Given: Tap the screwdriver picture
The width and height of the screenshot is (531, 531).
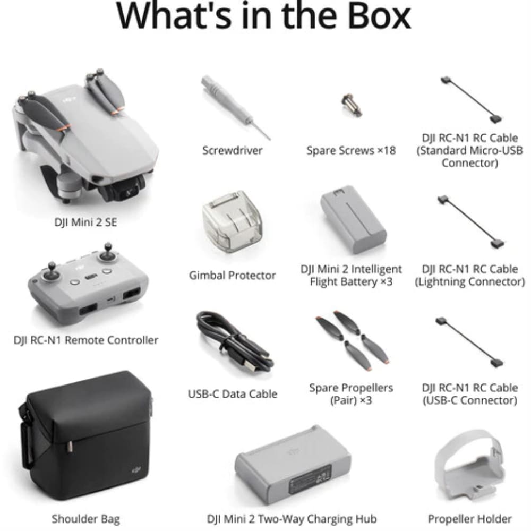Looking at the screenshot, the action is click(235, 107).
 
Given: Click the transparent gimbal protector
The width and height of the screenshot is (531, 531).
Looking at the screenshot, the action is click(233, 222).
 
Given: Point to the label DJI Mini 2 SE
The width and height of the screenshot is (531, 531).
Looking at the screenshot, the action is click(85, 222).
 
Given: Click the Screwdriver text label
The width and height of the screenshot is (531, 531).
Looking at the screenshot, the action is click(233, 150).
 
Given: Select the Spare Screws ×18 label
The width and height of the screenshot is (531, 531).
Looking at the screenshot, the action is click(351, 150).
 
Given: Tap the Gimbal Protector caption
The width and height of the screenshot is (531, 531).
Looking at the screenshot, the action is click(233, 275).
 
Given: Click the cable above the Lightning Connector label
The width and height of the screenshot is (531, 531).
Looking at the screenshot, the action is click(470, 222).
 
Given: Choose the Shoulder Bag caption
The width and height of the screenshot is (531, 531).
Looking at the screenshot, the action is click(85, 519).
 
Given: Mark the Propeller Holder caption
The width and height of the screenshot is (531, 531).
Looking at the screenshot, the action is click(470, 519).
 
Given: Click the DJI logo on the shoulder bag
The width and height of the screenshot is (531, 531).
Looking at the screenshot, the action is click(136, 470).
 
